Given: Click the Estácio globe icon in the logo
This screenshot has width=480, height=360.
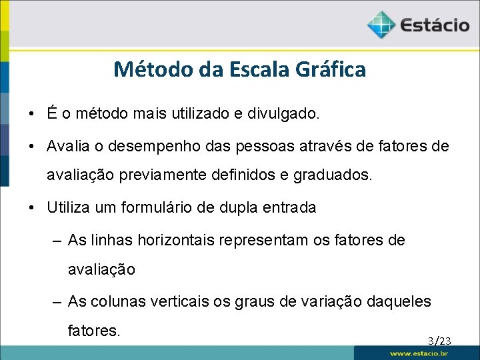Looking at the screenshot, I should click(381, 25).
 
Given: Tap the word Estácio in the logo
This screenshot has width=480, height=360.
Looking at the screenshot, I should click(434, 26).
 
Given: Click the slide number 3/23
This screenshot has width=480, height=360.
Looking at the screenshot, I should click(439, 341).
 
